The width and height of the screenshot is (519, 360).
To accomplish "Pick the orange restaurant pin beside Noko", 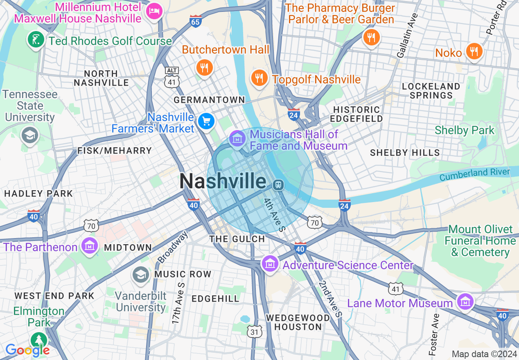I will (x=474, y=52).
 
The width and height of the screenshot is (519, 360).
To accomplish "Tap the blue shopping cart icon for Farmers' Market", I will (x=206, y=121).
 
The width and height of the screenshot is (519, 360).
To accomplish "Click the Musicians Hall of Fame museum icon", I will (x=237, y=139).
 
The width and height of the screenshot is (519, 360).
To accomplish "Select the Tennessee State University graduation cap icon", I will (x=30, y=135).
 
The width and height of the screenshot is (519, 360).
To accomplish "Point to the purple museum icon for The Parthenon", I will (x=89, y=246).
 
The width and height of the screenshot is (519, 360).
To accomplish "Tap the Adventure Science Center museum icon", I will (x=270, y=264).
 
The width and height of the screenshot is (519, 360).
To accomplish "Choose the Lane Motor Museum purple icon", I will (x=465, y=302).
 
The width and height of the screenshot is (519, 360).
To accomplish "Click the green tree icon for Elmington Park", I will (x=39, y=340).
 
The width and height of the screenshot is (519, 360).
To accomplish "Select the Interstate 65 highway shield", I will (x=196, y=21).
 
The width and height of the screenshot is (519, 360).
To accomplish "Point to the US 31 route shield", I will (x=255, y=332).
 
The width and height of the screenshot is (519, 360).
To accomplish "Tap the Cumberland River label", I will (x=475, y=175).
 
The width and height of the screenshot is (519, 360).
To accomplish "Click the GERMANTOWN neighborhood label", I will (x=209, y=100).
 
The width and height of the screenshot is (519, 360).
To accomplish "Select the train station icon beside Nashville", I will (x=278, y=185).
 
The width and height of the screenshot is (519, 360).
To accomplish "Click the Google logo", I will (x=27, y=350).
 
